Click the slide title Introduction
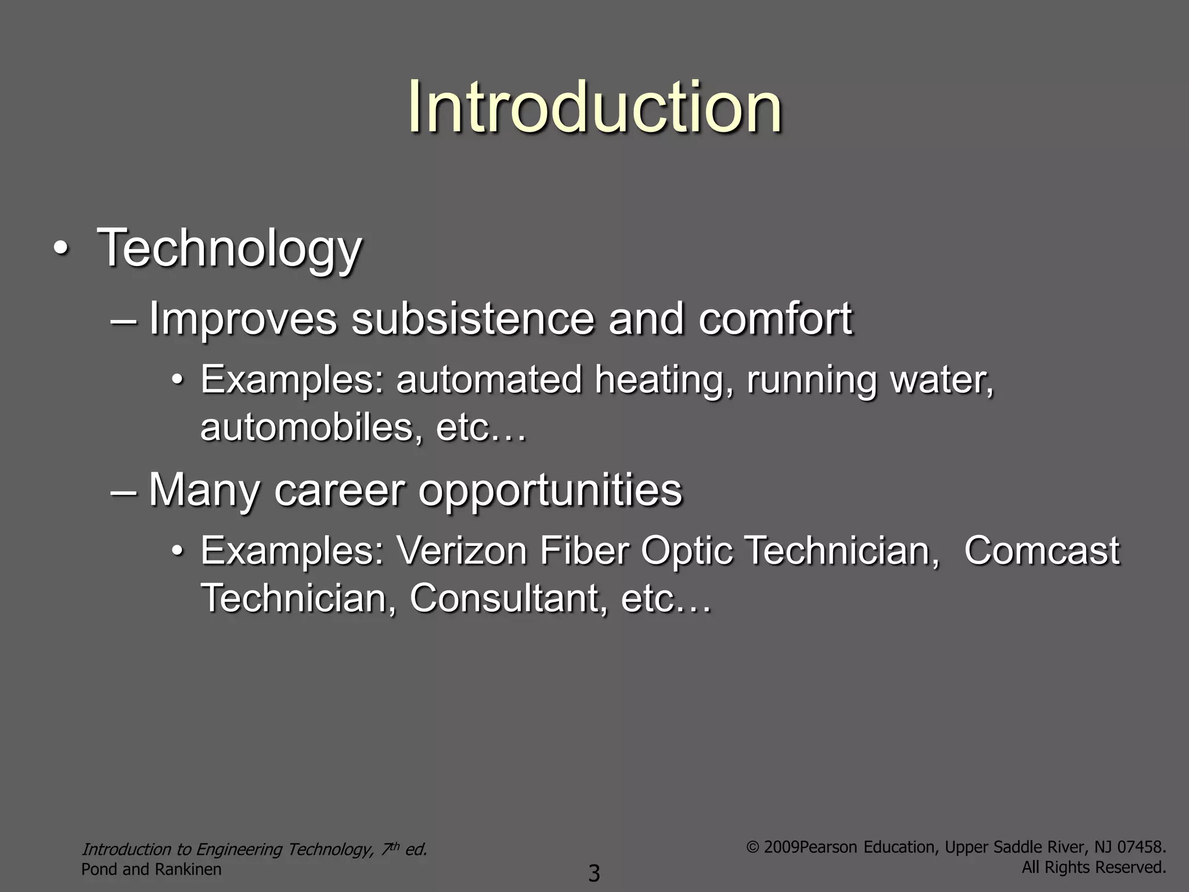click(x=594, y=107)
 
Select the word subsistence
click(x=473, y=319)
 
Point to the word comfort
click(x=775, y=319)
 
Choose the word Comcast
click(x=1042, y=551)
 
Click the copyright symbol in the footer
click(x=753, y=847)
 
